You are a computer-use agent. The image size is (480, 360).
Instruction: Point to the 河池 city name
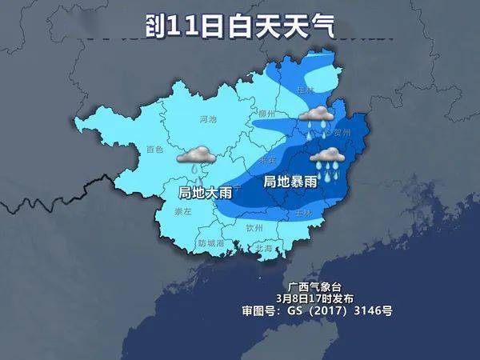207,119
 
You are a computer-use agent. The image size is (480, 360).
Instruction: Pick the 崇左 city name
182,212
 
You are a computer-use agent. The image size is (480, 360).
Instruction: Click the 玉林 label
303,214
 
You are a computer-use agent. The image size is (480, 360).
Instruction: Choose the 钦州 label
254,228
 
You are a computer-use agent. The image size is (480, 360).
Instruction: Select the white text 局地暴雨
290,182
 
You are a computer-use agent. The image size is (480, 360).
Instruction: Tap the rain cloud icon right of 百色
194,157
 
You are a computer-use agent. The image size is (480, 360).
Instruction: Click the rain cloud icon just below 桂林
317,118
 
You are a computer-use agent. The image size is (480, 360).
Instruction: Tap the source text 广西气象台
317,286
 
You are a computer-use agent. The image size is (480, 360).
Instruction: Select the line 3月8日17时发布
317,298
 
